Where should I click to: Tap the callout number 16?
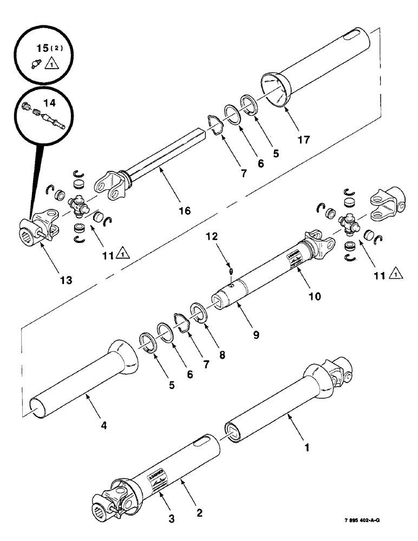tap(185, 210)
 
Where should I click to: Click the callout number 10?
tap(315, 296)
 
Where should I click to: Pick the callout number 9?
tap(256, 334)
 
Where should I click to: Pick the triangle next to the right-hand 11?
tap(394, 277)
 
